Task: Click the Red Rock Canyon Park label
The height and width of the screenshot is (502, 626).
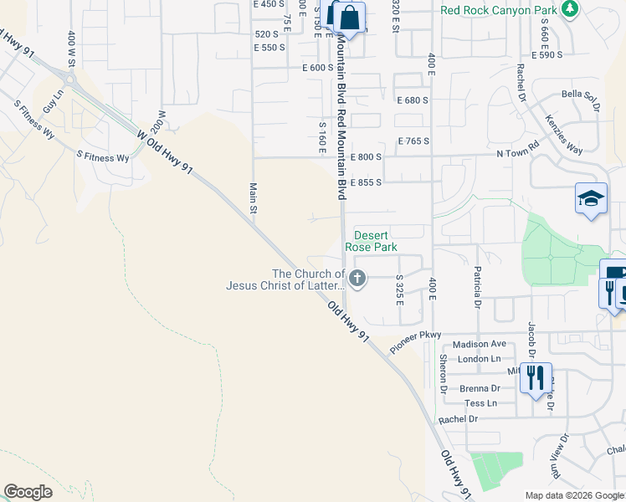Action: pyautogui.click(x=499, y=10)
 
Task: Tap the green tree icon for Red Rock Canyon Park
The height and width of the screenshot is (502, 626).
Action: pyautogui.click(x=571, y=9)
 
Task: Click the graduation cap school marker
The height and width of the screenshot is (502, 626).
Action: pyautogui.click(x=591, y=199)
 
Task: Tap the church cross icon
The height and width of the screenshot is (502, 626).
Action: pyautogui.click(x=357, y=279)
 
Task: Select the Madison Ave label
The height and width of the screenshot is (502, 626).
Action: pyautogui.click(x=480, y=344)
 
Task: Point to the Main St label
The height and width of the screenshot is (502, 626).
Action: pyautogui.click(x=253, y=198)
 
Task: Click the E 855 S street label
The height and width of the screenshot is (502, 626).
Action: pyautogui.click(x=366, y=182)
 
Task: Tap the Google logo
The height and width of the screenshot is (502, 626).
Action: pyautogui.click(x=28, y=492)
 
